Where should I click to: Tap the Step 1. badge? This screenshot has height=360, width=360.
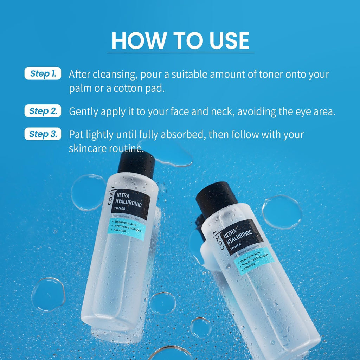click(43, 74)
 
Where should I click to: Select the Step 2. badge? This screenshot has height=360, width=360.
click(43, 111)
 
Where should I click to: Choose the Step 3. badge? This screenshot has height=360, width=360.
click(43, 134)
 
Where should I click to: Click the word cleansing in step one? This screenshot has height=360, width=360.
click(107, 75)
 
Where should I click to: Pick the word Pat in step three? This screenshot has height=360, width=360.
click(76, 135)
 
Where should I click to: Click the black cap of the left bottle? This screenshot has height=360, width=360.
click(136, 163)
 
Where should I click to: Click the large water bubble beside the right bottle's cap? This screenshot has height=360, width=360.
click(282, 212)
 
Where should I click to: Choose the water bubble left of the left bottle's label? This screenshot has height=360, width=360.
click(88, 192)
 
